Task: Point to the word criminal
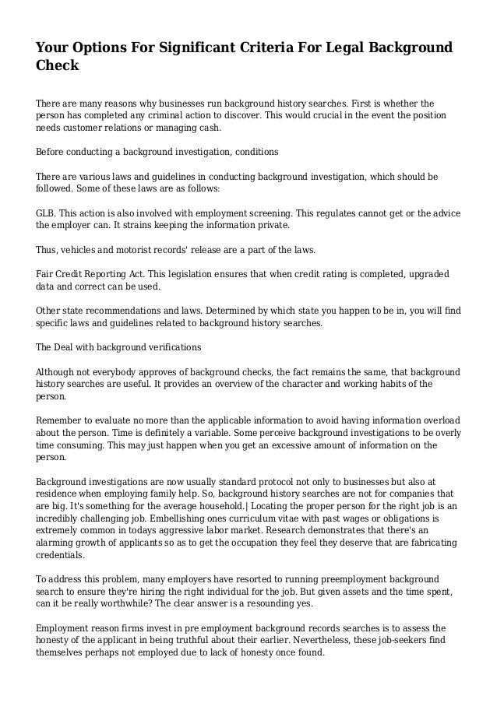(x=164, y=115)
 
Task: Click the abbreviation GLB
(x=47, y=213)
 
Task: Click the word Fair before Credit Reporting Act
(x=47, y=275)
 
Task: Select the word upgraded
(x=425, y=275)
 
